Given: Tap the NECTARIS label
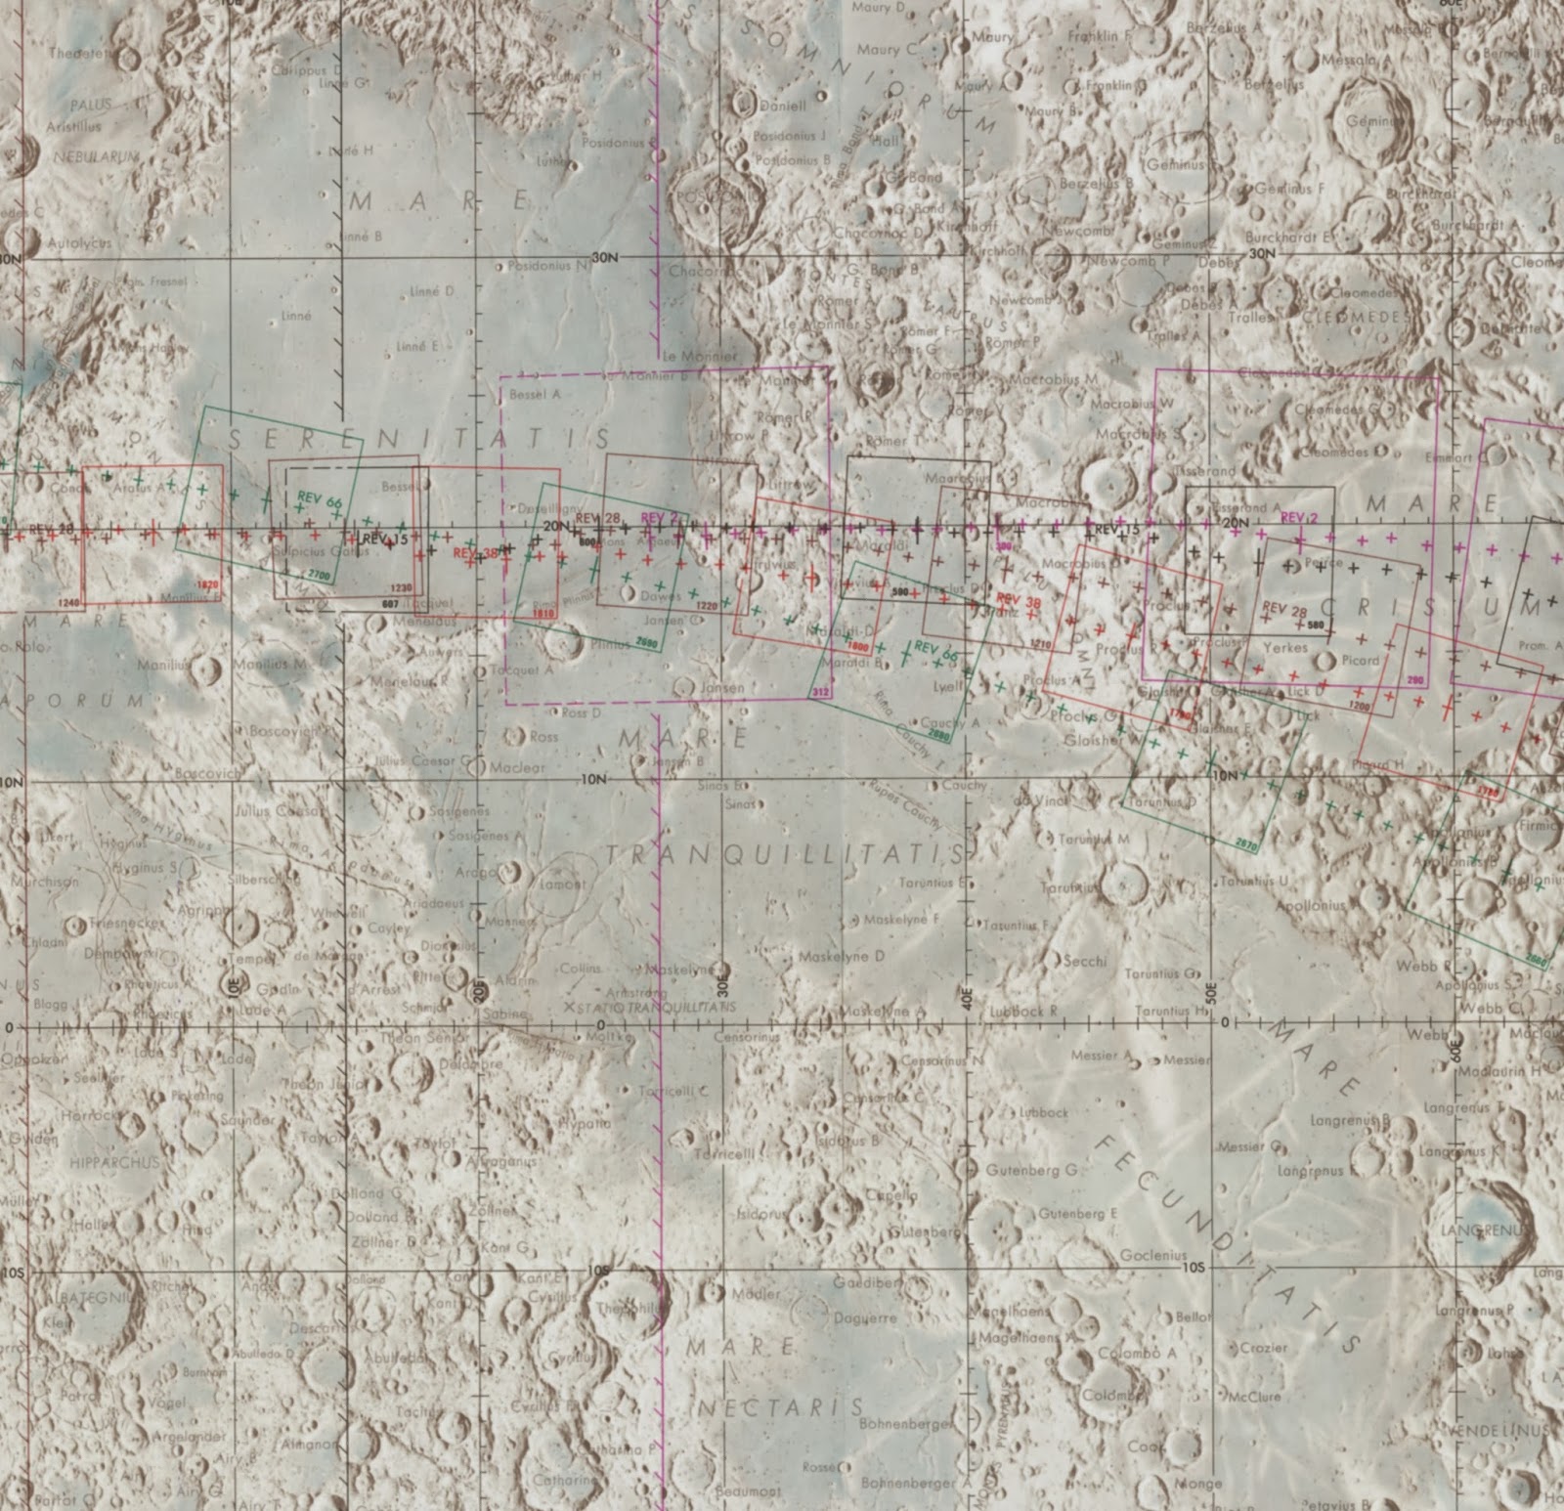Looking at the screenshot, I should pyautogui.click(x=781, y=1408).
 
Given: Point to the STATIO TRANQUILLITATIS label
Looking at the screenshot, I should pyautogui.click(x=655, y=1007).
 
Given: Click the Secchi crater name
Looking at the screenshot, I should pyautogui.click(x=1084, y=961).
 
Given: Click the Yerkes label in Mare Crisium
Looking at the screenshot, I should pyautogui.click(x=1285, y=648).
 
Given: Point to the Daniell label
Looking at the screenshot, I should pyautogui.click(x=783, y=106).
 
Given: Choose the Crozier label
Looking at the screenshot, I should pyautogui.click(x=1264, y=1348).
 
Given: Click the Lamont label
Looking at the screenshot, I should pyautogui.click(x=564, y=885).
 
